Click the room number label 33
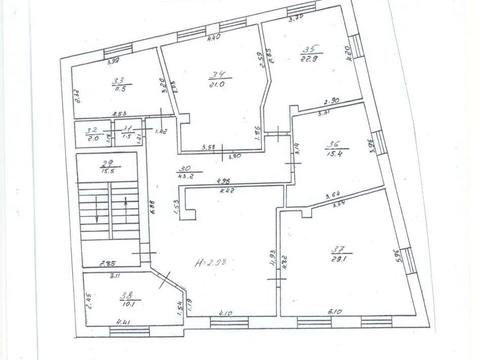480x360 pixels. (x=118, y=82)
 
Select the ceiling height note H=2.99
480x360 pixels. (x=215, y=262)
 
